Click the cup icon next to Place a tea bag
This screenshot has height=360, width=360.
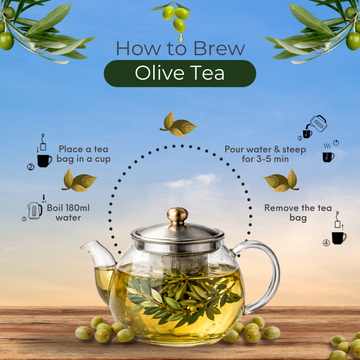[x=44, y=158]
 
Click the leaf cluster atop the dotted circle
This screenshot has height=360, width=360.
[x=180, y=124]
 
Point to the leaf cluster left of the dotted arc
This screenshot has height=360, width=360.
[x=80, y=180]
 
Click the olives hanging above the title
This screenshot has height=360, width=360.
[x=180, y=15]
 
